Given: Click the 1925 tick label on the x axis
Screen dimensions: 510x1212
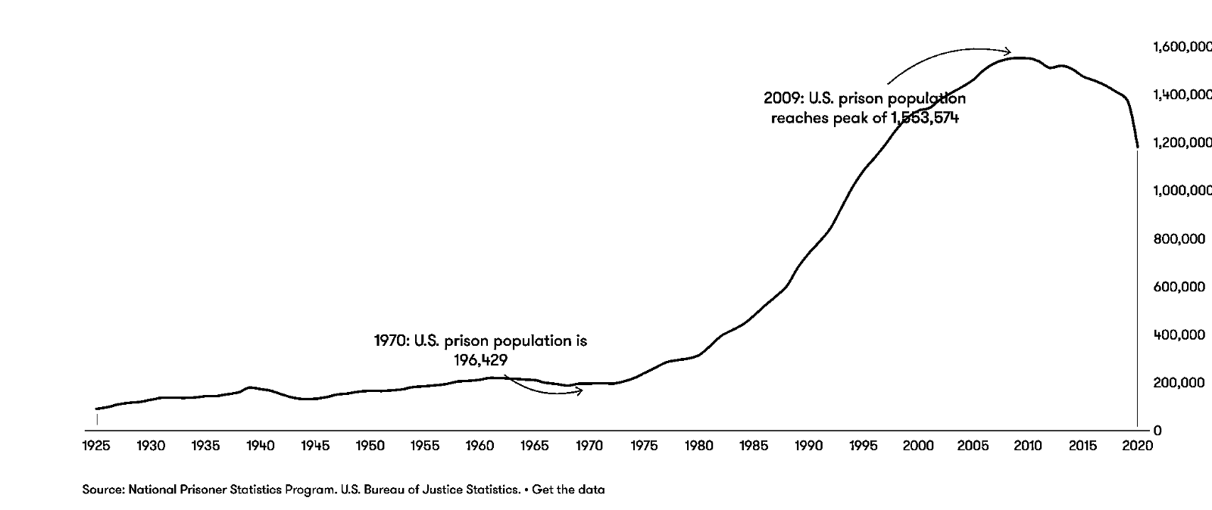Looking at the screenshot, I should (x=96, y=446).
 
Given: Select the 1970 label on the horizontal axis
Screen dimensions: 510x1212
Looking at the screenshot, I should (x=589, y=446).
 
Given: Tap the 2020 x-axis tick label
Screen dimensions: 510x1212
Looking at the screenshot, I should (x=1138, y=446).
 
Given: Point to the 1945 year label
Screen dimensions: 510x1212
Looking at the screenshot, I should (x=315, y=446).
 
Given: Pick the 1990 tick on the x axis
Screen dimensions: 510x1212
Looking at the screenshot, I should (x=808, y=446).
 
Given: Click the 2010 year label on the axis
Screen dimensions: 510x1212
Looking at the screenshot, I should (x=1028, y=446).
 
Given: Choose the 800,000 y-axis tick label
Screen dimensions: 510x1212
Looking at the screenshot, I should (x=1179, y=239).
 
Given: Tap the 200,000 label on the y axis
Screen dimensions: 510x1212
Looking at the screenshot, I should (x=1179, y=383).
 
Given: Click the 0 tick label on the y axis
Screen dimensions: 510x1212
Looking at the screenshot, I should (x=1158, y=431).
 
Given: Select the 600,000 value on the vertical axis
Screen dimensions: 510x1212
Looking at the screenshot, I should (x=1179, y=287).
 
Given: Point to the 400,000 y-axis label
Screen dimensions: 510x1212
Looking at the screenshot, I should (x=1179, y=334).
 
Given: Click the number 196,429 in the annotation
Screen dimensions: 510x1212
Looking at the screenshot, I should (x=480, y=360).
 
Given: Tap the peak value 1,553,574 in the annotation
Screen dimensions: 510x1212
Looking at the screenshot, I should (x=924, y=118).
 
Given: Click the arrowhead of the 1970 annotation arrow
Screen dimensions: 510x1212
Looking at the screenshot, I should (x=580, y=390).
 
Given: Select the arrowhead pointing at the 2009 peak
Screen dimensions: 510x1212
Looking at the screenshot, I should (x=1008, y=51).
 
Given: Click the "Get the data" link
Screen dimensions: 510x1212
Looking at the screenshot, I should (x=568, y=490).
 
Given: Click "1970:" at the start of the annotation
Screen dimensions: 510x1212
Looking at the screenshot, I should (x=392, y=341).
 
